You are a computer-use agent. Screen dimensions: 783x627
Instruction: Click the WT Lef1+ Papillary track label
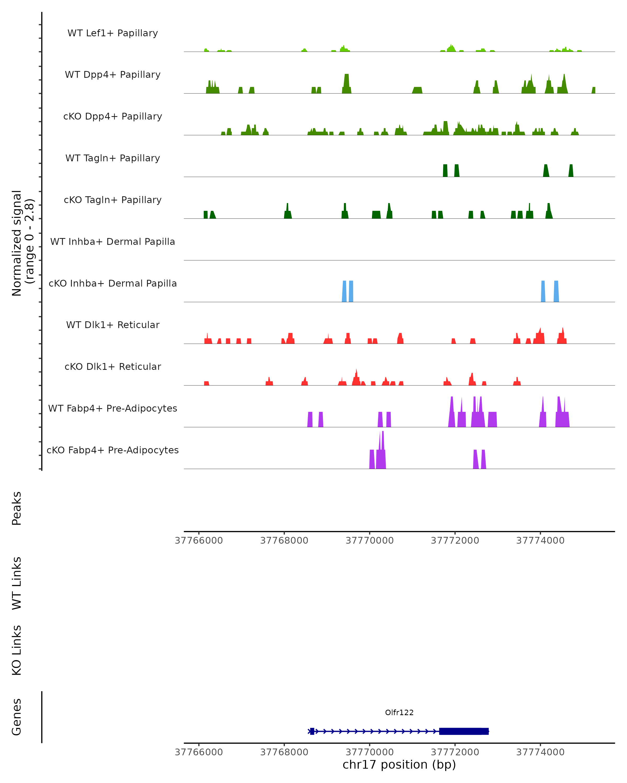click(113, 33)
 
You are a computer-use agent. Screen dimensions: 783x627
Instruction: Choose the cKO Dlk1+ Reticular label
click(113, 366)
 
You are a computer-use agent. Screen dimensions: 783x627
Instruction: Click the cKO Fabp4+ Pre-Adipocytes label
click(113, 450)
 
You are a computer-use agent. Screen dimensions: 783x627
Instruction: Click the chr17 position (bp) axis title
click(399, 764)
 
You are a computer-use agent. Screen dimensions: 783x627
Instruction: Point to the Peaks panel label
click(17, 508)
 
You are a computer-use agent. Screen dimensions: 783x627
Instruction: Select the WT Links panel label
click(17, 583)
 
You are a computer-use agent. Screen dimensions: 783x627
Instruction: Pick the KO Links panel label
click(17, 650)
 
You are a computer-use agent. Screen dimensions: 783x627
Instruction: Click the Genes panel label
click(17, 716)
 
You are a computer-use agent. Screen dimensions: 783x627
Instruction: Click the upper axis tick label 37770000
click(369, 541)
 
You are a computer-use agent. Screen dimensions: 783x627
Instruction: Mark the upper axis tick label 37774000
click(540, 541)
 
